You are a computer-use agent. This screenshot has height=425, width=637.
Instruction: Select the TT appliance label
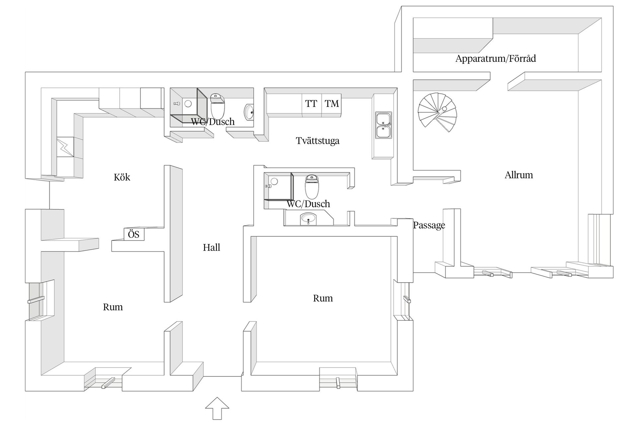click(x=311, y=104)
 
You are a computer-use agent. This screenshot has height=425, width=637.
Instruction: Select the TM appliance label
click(x=332, y=104)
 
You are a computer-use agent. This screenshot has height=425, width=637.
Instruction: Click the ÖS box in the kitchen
click(x=134, y=235)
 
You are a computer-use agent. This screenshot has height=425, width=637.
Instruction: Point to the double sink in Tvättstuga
click(x=383, y=125)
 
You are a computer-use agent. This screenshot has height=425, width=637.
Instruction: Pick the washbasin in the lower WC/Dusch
click(x=308, y=219)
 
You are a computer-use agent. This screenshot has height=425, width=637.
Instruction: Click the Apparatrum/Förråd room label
click(x=495, y=59)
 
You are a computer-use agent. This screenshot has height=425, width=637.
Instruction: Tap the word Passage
click(x=429, y=225)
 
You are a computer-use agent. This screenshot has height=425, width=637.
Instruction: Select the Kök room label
click(x=122, y=177)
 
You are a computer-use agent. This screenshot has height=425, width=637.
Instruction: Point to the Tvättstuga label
click(x=318, y=141)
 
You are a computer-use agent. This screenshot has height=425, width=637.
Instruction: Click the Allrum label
click(x=519, y=175)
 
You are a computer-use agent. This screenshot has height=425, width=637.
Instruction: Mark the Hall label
click(x=211, y=247)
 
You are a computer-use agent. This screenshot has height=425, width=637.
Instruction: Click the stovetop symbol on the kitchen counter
click(x=65, y=147)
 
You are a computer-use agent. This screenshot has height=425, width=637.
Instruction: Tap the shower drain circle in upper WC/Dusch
click(x=188, y=104)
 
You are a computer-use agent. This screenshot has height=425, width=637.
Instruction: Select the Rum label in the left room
click(x=113, y=307)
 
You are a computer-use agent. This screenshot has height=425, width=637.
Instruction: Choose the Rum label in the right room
click(x=323, y=298)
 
